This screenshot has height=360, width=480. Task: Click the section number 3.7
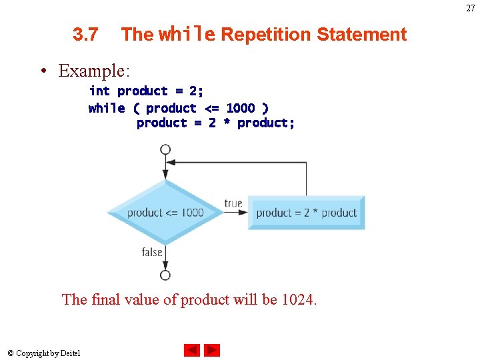[85, 35]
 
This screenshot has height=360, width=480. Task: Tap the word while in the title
[187, 34]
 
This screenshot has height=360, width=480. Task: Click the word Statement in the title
[361, 35]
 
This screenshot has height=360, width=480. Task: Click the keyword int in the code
[99, 91]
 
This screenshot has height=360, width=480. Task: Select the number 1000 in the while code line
[240, 108]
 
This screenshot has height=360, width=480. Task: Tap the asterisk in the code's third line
[226, 123]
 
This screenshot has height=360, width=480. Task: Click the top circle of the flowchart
[165, 149]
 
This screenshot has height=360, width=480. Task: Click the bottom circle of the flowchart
[165, 275]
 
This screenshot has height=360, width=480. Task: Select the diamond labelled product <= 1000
[165, 213]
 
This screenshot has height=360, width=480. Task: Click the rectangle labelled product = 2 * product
[307, 213]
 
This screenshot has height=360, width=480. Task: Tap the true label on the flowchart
[233, 203]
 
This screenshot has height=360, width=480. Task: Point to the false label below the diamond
[152, 252]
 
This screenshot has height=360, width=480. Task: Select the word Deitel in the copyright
[70, 353]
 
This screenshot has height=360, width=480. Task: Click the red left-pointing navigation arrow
[192, 350]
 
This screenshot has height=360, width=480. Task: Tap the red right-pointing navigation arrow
[212, 350]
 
